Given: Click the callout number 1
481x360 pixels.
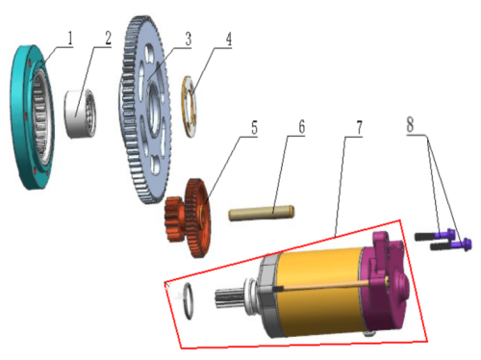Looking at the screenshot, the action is pyautogui.click(x=69, y=39).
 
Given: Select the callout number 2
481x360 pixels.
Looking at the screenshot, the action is pyautogui.click(x=109, y=39).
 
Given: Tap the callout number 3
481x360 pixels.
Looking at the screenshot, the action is pyautogui.click(x=189, y=39).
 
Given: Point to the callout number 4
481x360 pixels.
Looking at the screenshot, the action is pyautogui.click(x=228, y=39).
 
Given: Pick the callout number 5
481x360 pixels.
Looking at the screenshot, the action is pyautogui.click(x=254, y=128).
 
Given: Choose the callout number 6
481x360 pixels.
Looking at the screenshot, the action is pyautogui.click(x=301, y=127).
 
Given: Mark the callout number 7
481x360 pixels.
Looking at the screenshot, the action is pyautogui.click(x=359, y=128).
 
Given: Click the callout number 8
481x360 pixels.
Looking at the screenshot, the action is pyautogui.click(x=410, y=124).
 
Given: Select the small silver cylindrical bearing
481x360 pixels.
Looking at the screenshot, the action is pyautogui.click(x=81, y=115).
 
